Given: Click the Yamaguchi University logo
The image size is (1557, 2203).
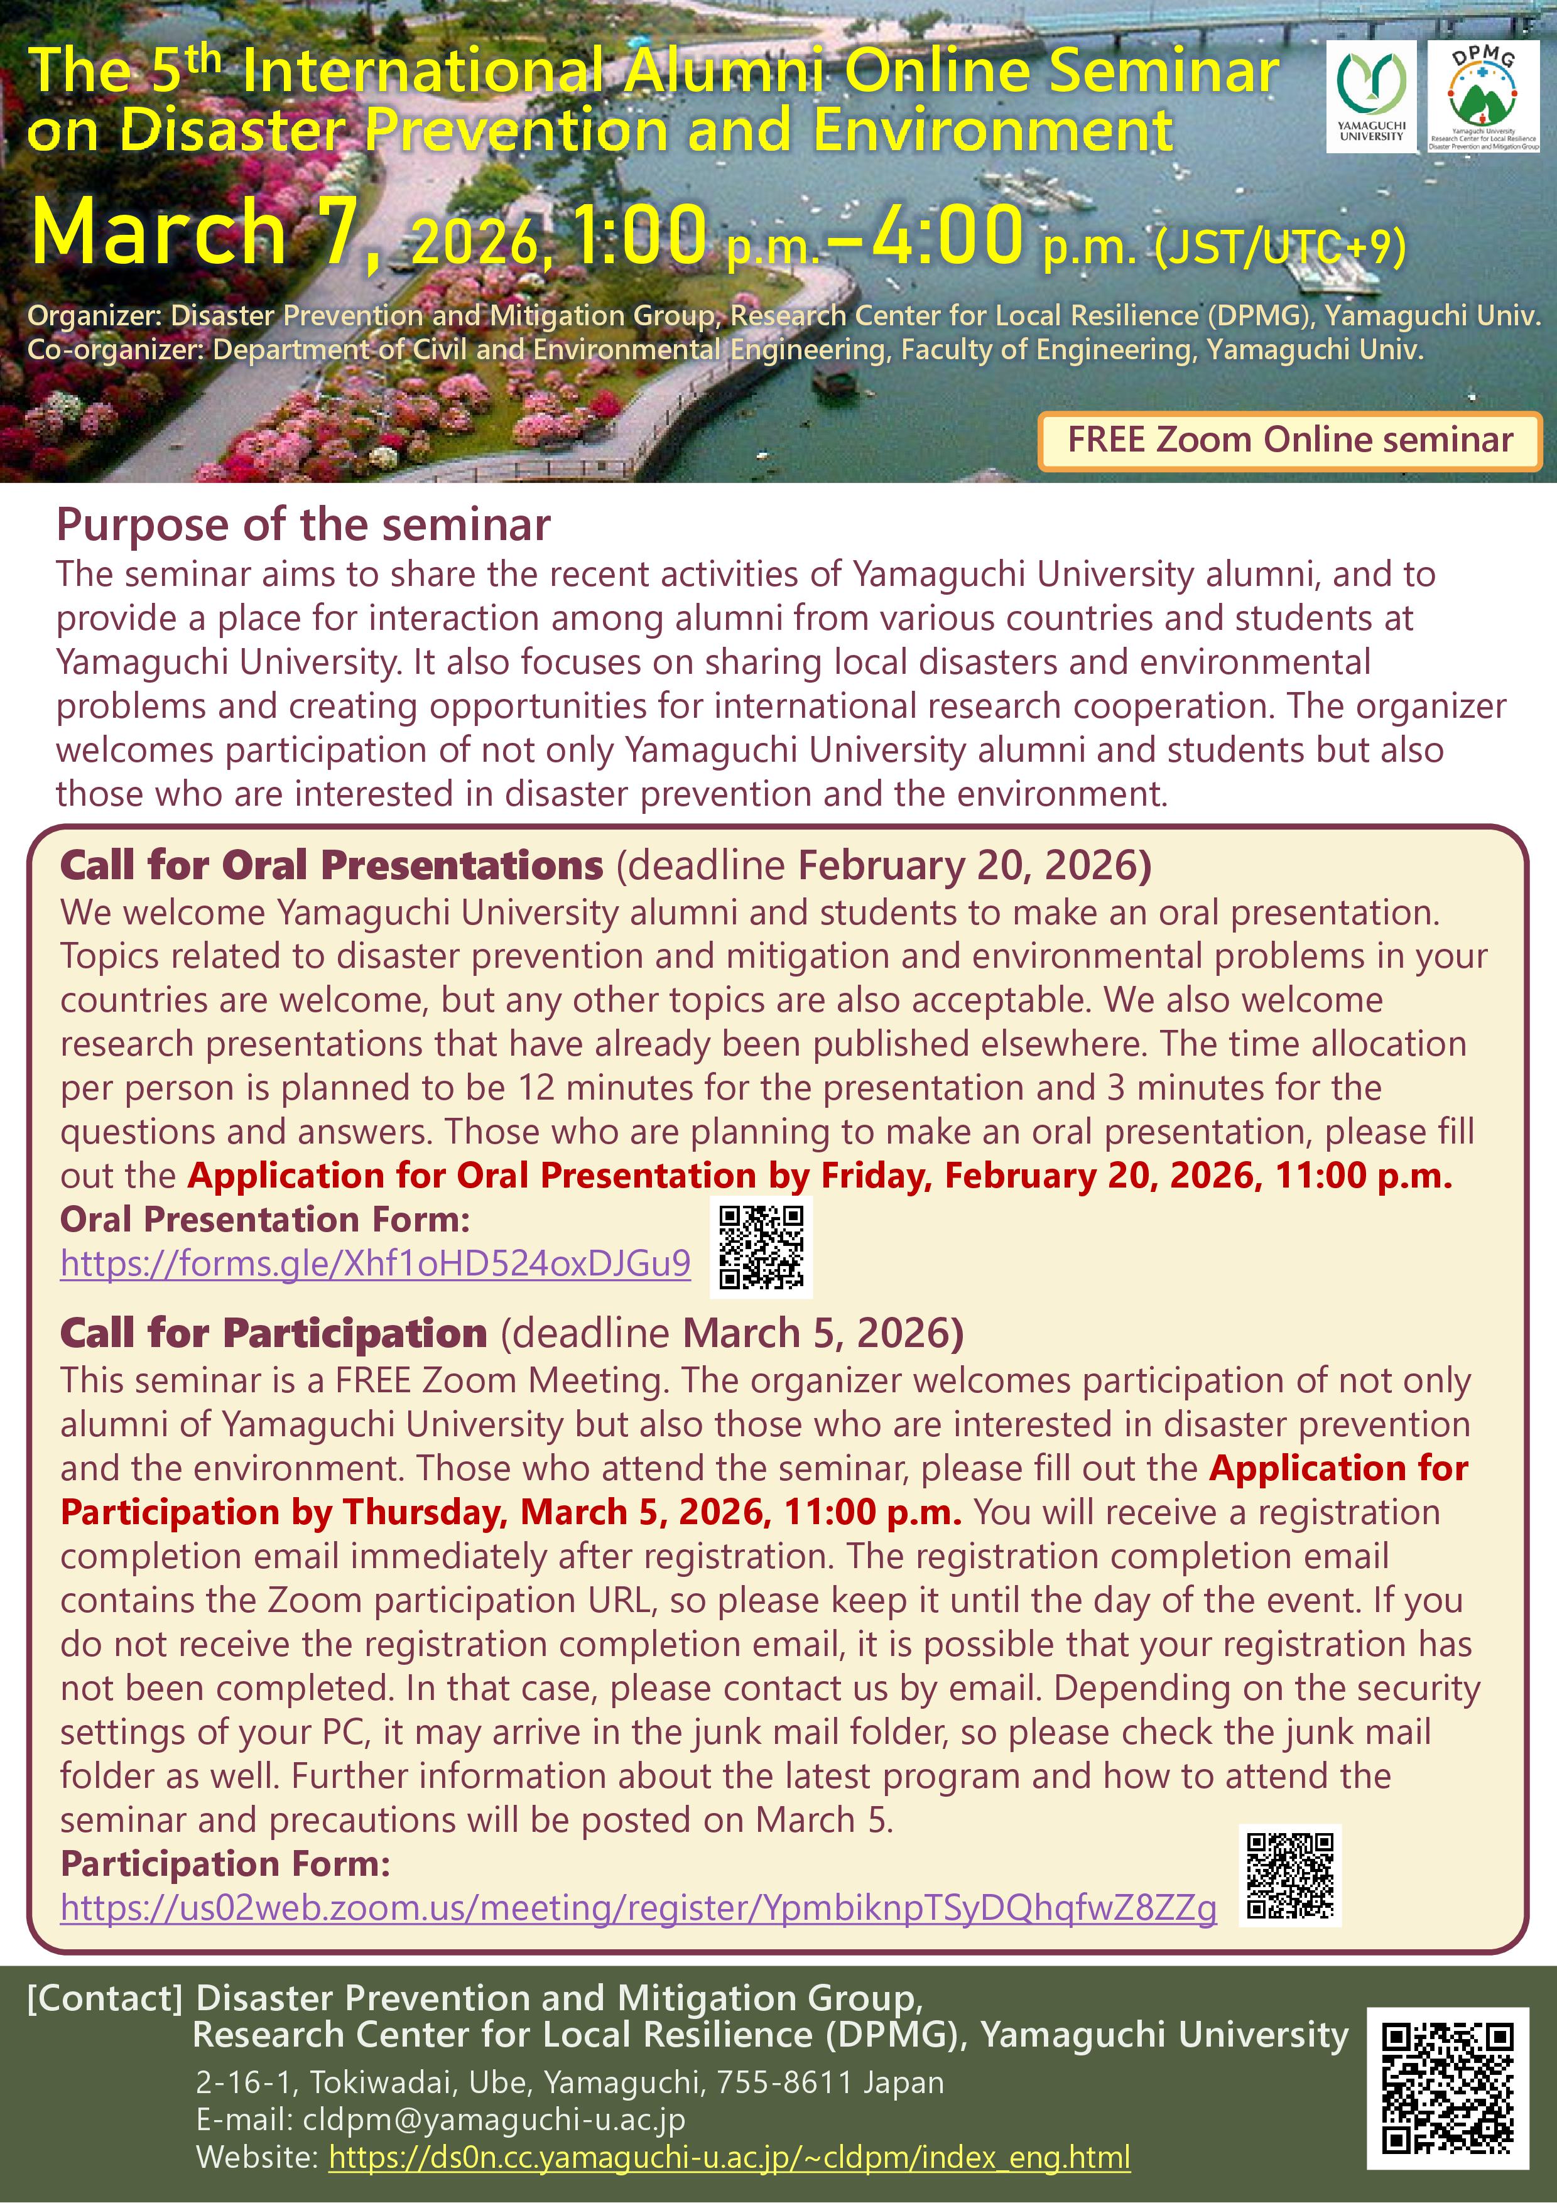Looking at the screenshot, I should coord(1372,96).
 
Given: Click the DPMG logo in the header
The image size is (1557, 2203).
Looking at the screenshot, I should coord(1483,96).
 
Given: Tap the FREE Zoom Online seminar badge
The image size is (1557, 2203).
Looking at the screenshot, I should coord(1289,440).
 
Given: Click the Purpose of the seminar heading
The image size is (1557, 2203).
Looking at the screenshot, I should coord(303,525).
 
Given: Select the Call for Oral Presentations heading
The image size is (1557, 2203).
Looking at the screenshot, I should coord(331,865).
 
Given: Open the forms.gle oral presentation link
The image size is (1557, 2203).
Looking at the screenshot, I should coord(375,1263).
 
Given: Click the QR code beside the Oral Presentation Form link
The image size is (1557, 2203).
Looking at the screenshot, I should coord(762,1245).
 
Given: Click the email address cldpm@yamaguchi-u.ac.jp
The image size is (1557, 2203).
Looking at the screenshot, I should coord(494,2119).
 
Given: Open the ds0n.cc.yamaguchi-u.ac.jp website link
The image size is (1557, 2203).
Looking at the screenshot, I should coord(729,2157).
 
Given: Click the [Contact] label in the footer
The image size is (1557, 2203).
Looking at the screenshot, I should coord(104,1999).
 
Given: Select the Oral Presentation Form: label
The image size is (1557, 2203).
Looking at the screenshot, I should coord(266,1220).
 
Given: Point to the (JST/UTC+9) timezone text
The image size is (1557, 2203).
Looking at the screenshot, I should coord(1280,247).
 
